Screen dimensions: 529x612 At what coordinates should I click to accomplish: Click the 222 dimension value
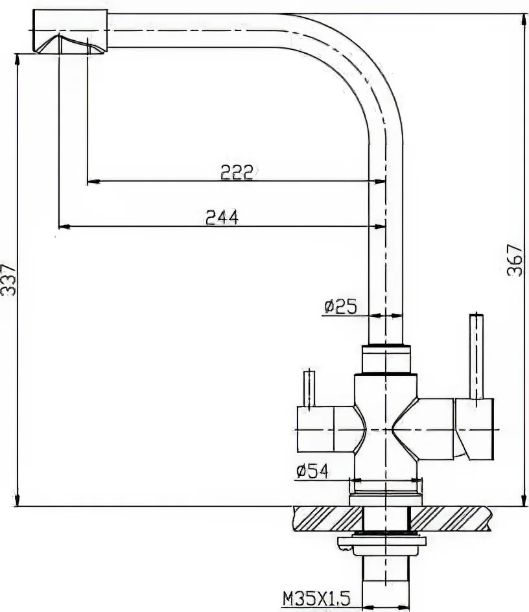pos(237,172)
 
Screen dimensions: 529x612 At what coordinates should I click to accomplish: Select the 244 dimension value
pos(222,217)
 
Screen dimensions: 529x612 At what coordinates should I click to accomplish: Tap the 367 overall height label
pos(515,261)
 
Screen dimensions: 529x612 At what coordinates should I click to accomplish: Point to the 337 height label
pos(8,279)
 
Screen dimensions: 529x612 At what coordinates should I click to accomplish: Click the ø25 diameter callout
pos(340,307)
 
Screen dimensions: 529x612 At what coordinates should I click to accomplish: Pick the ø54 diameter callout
pos(312,471)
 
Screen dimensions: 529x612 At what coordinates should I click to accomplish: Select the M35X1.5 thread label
pos(316,598)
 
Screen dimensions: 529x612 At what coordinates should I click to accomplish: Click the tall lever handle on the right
pos(476,356)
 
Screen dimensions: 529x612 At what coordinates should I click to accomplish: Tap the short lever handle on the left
pos(309,388)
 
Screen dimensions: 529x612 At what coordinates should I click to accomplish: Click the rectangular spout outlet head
pos(69,30)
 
